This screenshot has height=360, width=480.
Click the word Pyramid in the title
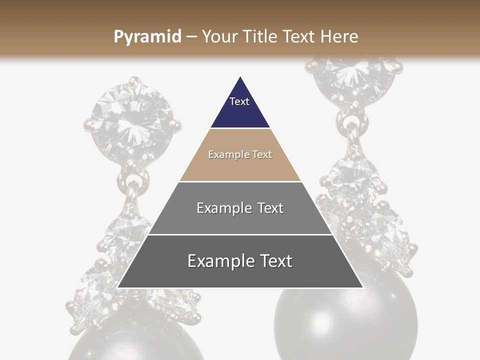point(147,37)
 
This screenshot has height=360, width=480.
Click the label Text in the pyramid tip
point(239,101)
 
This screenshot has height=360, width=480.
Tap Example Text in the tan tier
point(240,154)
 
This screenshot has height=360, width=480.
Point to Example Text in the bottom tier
point(240,261)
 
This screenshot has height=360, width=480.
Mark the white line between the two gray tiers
point(240,234)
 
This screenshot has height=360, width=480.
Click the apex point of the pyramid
point(240,76)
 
